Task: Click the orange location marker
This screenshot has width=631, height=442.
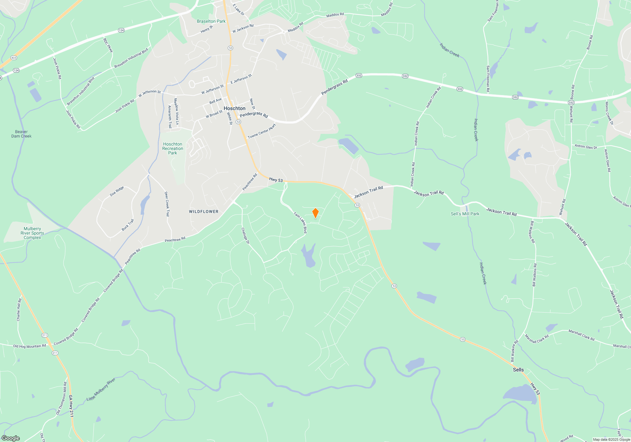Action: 315,213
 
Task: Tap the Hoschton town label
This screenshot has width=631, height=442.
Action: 234,108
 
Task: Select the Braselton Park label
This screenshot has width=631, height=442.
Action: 211,21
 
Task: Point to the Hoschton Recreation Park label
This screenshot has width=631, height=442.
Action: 173,148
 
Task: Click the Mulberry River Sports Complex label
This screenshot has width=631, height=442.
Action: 32,233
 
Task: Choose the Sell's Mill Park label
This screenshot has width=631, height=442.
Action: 465,214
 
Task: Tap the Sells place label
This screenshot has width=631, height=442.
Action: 518,370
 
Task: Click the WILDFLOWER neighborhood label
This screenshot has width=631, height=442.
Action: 203,212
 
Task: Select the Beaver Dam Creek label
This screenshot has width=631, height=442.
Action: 21,134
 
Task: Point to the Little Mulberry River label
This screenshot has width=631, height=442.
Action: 101,390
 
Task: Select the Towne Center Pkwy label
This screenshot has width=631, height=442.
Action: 262,131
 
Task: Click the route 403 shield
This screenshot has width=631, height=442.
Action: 14,58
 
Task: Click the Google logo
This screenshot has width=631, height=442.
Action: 11,438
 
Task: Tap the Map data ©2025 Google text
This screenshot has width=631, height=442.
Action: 611,439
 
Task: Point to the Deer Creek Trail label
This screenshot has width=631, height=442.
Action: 167,204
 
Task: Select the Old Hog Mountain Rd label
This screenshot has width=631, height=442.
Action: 29,346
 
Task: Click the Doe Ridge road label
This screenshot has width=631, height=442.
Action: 117,191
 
